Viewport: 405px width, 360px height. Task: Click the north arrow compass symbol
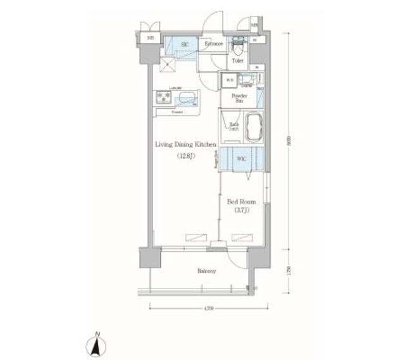click(97, 344)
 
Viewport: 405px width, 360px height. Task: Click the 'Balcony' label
click(206, 271)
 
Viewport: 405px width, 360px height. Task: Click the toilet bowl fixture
click(239, 48)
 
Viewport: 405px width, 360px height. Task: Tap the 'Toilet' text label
click(237, 61)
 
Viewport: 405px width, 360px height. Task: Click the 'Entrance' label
click(213, 44)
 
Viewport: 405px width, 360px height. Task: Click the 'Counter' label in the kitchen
click(178, 112)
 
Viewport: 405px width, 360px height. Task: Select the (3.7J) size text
click(240, 210)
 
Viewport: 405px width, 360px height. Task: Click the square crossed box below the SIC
click(167, 65)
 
